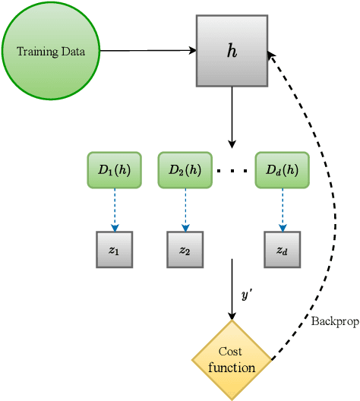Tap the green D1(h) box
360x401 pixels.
click(x=115, y=171)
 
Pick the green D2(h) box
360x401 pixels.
click(x=185, y=171)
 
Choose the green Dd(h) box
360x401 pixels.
click(x=282, y=171)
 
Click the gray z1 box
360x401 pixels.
click(x=115, y=250)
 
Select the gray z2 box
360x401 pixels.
click(x=185, y=250)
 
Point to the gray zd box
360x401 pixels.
click(x=282, y=250)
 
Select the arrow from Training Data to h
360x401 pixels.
click(x=148, y=51)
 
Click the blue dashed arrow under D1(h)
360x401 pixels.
click(x=115, y=210)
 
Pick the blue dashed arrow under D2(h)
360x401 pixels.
click(x=185, y=210)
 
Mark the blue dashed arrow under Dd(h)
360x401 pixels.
click(x=282, y=210)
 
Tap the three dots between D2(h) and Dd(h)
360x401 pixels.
click(x=232, y=172)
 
